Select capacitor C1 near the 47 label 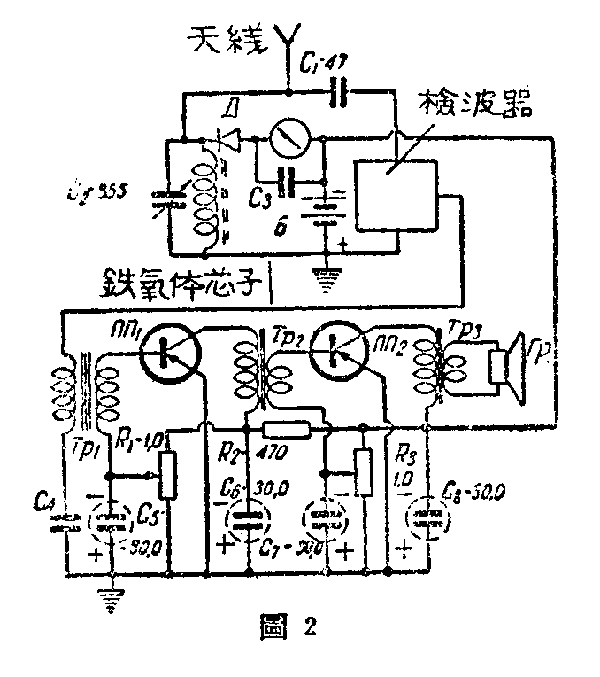click(336, 92)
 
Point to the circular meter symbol click(288, 139)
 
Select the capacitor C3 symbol click(286, 183)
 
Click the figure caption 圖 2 click(284, 630)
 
